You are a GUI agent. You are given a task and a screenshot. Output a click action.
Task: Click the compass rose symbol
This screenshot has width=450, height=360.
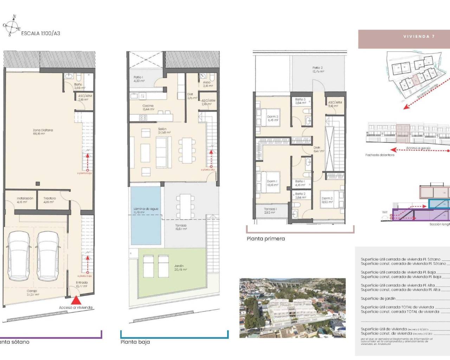(12, 26)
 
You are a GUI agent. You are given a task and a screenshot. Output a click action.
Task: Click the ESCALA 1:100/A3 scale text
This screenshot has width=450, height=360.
(40, 33)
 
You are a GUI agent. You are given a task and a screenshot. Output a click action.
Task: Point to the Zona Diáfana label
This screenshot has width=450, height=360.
(43, 132)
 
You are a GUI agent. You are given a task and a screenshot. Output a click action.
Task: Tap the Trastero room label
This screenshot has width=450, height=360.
(50, 200)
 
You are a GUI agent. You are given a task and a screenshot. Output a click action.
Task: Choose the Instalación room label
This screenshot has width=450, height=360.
(25, 200)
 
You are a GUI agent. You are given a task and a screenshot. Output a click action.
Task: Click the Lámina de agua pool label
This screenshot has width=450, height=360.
(146, 211)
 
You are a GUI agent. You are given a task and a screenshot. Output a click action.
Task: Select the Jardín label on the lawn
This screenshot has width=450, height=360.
(180, 268)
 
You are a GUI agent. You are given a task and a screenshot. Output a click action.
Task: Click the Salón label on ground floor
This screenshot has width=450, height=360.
(163, 131)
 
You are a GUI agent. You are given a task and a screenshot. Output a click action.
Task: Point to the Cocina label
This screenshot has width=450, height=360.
(148, 107)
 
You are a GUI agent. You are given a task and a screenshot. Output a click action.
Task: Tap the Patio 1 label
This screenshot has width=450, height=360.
(139, 79)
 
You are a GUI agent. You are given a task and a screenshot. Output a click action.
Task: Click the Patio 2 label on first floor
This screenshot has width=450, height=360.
(318, 69)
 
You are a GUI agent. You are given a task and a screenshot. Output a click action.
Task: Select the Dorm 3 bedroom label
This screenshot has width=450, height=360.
(272, 118)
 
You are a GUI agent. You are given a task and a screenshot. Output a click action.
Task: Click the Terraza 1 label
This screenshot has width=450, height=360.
(270, 211)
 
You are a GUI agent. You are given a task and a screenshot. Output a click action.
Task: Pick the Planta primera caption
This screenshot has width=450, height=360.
(266, 239)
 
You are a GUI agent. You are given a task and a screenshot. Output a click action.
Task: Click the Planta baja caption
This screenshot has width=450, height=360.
(135, 342)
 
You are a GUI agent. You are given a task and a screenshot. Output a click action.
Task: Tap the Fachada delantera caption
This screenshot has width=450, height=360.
(380, 155)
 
